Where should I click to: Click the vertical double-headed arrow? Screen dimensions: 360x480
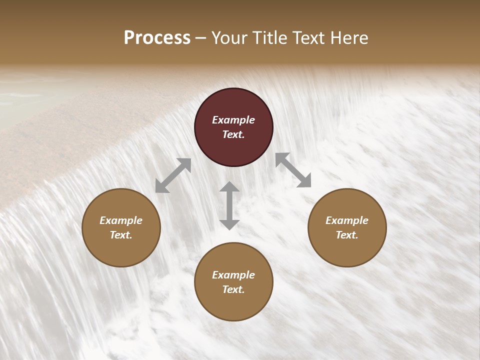pos(229,205)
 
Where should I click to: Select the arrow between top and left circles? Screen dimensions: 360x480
pos(173,175)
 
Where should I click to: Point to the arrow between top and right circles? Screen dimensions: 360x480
pos(293,170)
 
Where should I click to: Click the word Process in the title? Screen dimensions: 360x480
pos(157,37)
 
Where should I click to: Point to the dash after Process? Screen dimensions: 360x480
pos(201,38)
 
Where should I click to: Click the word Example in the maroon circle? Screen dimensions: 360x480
pos(233,120)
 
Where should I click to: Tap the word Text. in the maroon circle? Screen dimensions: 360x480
pos(233,134)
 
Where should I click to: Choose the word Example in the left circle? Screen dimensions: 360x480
pos(121,220)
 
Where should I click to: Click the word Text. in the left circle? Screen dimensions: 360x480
pos(121,235)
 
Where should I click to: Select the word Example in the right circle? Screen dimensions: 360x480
pos(347,220)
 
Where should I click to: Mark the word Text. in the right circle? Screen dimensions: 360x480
pos(347,235)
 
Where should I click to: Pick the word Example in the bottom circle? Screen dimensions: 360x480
pos(233,275)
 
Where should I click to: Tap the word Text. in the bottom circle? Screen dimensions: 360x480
pos(233,289)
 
